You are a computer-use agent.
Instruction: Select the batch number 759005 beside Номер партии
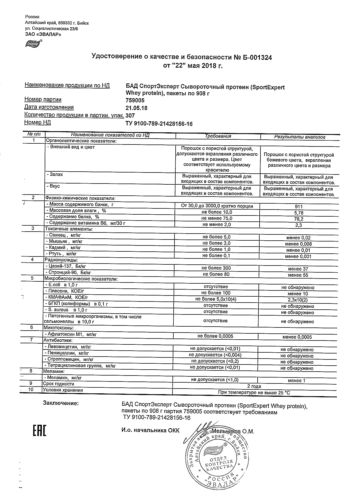135,100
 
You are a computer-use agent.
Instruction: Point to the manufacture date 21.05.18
136,108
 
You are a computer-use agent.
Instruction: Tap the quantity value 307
130,116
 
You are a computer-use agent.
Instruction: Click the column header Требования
218,136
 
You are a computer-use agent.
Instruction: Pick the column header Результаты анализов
299,137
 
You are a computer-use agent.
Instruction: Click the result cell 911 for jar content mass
298,207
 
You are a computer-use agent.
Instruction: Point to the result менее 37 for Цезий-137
298,269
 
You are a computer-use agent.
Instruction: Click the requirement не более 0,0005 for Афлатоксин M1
215,336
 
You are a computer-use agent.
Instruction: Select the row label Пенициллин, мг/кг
66,353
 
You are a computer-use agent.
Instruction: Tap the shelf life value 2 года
254,386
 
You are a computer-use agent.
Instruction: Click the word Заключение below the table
61,403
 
